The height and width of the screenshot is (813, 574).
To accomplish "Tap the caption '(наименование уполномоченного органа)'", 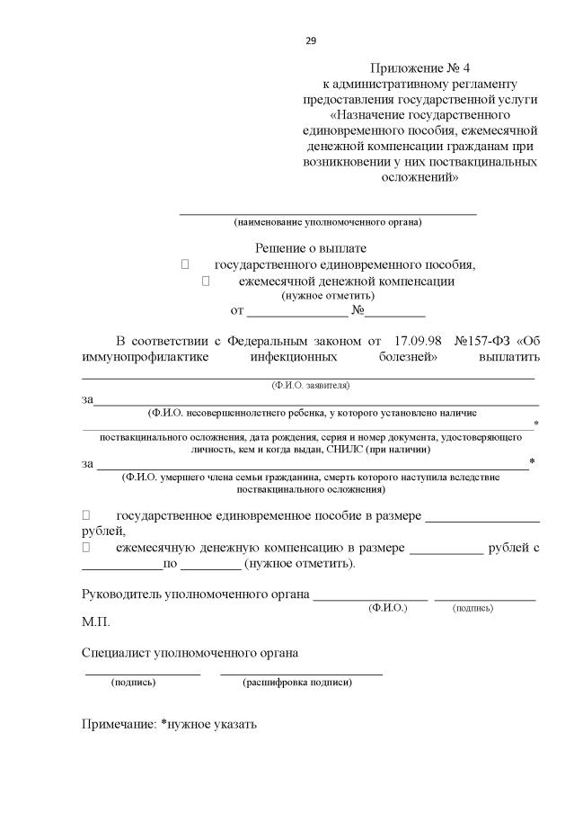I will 328,221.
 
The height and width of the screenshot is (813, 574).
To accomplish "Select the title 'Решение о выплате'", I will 311,247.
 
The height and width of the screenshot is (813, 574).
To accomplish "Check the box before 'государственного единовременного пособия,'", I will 185,264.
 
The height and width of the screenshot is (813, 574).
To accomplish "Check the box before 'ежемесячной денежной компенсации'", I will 207,281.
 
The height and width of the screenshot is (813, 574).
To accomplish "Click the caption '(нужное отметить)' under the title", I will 328,295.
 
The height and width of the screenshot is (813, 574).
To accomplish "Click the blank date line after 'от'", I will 297,314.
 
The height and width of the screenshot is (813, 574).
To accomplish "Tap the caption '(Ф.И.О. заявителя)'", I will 311,385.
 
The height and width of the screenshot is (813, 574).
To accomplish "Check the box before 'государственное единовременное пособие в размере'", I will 86,515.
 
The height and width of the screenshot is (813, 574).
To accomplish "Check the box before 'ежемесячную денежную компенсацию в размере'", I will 86,547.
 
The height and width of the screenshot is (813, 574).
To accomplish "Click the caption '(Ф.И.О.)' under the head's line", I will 388,609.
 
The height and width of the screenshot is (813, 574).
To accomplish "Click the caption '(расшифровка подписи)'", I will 297,683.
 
